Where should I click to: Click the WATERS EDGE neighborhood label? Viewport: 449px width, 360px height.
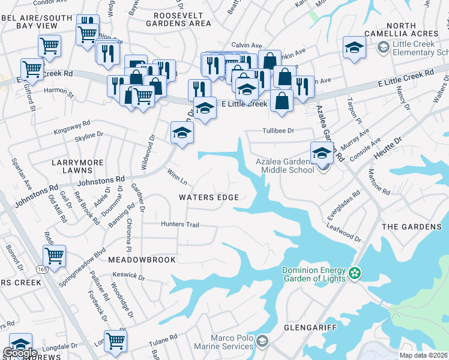tap(209, 197)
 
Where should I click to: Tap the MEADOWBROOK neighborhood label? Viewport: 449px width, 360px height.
tap(142, 260)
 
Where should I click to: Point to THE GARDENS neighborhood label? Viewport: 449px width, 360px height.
tap(411, 227)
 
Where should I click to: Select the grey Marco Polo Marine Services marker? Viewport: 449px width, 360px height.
tap(261, 342)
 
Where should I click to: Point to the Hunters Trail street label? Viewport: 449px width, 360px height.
tap(179, 224)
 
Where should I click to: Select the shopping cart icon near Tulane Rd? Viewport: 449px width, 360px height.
tap(115, 340)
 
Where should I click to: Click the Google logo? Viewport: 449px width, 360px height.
tap(19, 353)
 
